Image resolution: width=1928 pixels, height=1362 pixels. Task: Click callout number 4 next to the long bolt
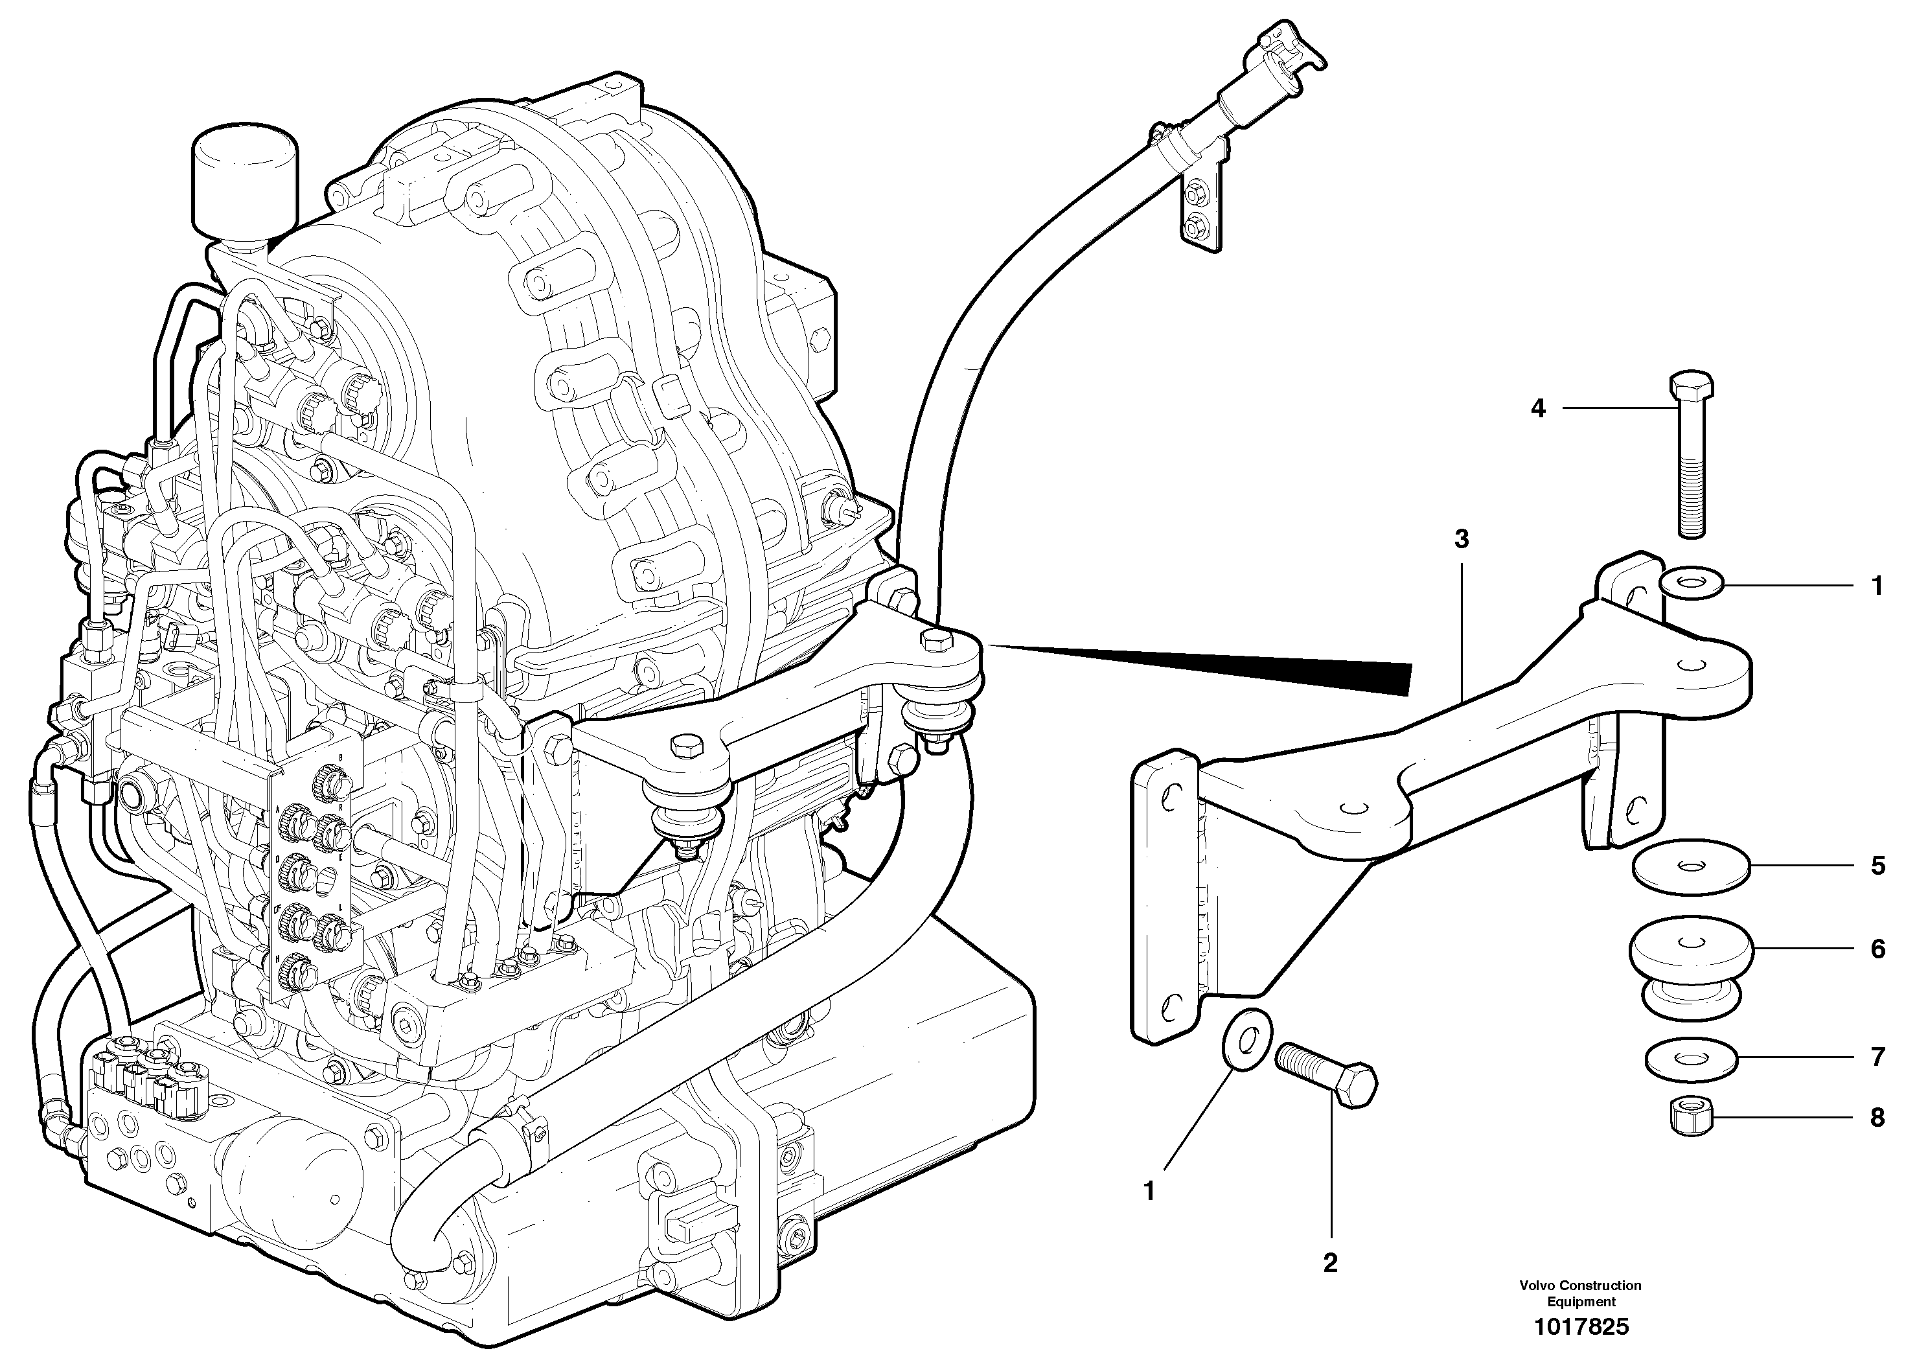[1537, 409]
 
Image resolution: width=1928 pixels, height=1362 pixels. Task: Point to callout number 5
[1877, 866]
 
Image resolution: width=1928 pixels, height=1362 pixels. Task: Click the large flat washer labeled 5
[1691, 866]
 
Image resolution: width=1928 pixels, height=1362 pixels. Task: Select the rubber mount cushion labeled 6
[1691, 965]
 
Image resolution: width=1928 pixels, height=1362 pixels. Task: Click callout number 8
[1877, 1118]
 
